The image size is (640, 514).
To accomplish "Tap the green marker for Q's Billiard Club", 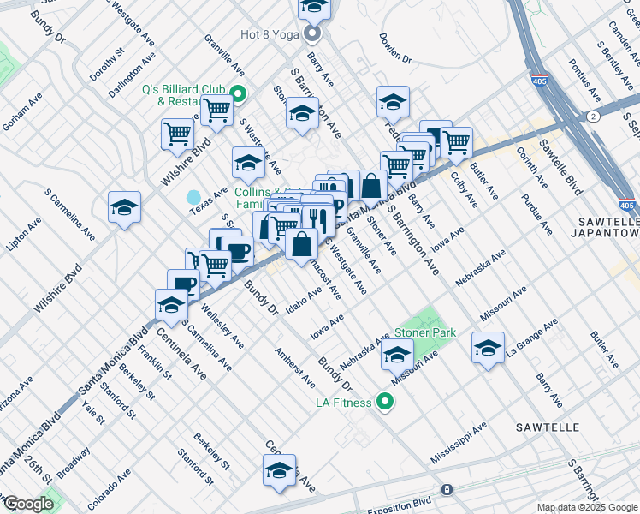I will (x=240, y=95).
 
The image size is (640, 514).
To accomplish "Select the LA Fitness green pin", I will (x=386, y=401).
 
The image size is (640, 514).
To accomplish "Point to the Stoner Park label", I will (x=425, y=332).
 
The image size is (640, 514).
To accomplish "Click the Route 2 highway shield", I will (x=593, y=116).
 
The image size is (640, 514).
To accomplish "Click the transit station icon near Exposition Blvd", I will (x=446, y=489).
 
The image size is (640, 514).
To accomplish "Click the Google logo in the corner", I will (x=27, y=504).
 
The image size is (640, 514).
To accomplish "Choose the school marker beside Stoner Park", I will (x=397, y=353).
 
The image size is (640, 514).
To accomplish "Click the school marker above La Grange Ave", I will (x=488, y=347).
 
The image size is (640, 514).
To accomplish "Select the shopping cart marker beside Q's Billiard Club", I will (x=217, y=109).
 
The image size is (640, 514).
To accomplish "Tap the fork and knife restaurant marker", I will (x=318, y=218).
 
